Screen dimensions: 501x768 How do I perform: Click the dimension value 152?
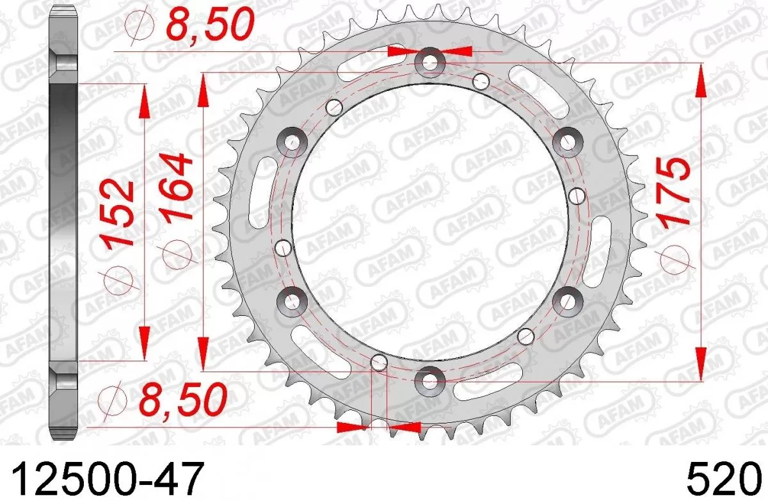[x=118, y=213]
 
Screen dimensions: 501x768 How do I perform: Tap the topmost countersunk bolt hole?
[x=430, y=62]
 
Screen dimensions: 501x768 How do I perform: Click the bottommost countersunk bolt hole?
[x=429, y=381]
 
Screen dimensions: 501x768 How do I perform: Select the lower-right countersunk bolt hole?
[x=567, y=300]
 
